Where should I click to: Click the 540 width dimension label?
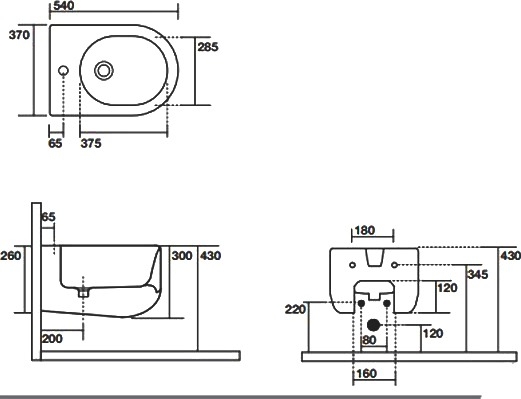pyautogui.click(x=63, y=5)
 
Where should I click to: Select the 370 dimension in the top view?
pyautogui.click(x=19, y=35)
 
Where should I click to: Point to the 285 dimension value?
pyautogui.click(x=208, y=47)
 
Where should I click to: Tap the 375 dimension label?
pyautogui.click(x=91, y=143)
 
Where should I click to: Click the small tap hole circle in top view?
pyautogui.click(x=63, y=71)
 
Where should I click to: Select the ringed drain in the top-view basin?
pyautogui.click(x=104, y=71)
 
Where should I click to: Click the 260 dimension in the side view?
pyautogui.click(x=10, y=256)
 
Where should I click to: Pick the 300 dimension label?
pyautogui.click(x=182, y=256)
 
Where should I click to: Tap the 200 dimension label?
pyautogui.click(x=52, y=339)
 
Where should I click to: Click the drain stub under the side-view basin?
pyautogui.click(x=83, y=293)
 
